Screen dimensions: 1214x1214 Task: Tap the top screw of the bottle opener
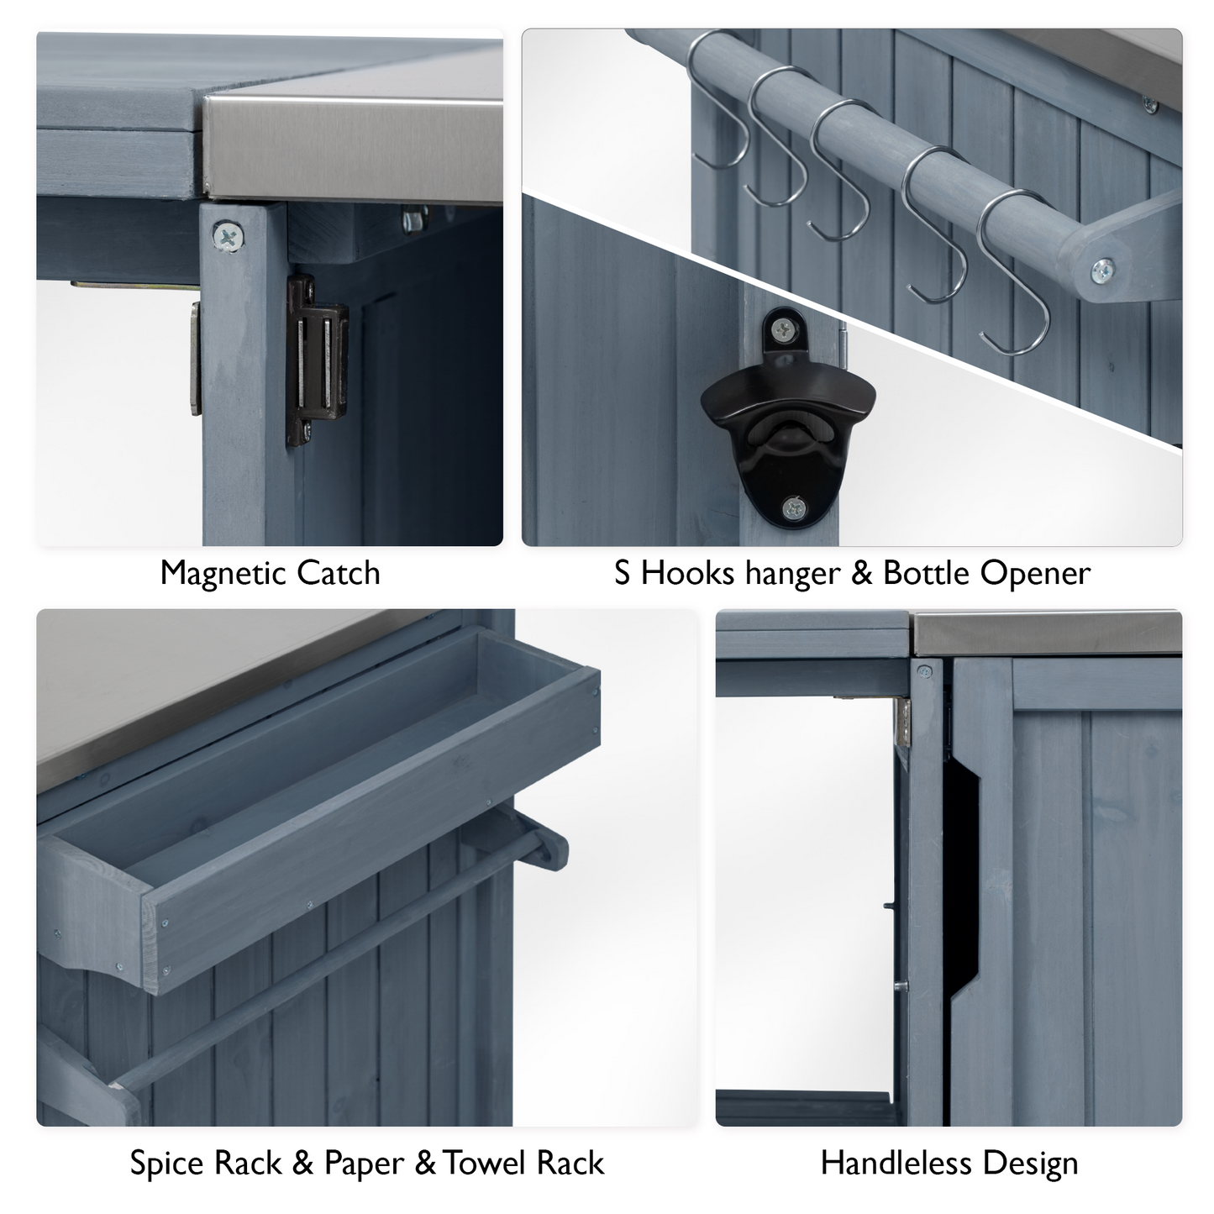pyautogui.click(x=783, y=330)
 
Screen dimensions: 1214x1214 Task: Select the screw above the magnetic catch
pyautogui.click(x=227, y=237)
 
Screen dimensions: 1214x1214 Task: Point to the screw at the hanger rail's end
pyautogui.click(x=1102, y=270)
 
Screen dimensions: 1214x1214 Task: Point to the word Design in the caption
pyautogui.click(x=1030, y=1164)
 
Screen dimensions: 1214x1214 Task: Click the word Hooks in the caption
pyautogui.click(x=688, y=574)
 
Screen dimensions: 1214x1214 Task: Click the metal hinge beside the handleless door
pyautogui.click(x=903, y=723)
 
